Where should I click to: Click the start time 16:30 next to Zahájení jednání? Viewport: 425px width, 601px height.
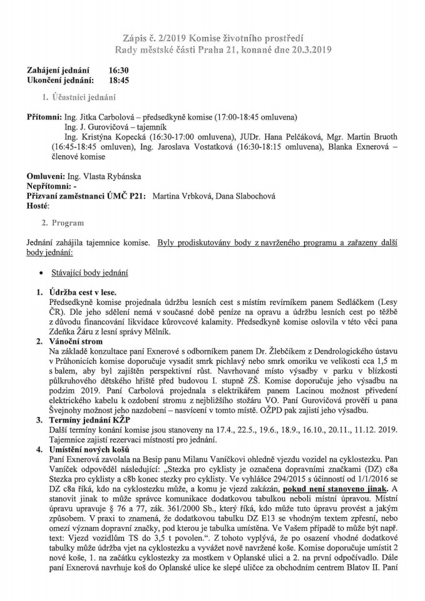tap(119, 70)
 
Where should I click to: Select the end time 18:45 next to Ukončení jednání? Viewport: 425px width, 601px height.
tap(119, 80)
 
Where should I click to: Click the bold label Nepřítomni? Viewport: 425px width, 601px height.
tap(49, 187)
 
